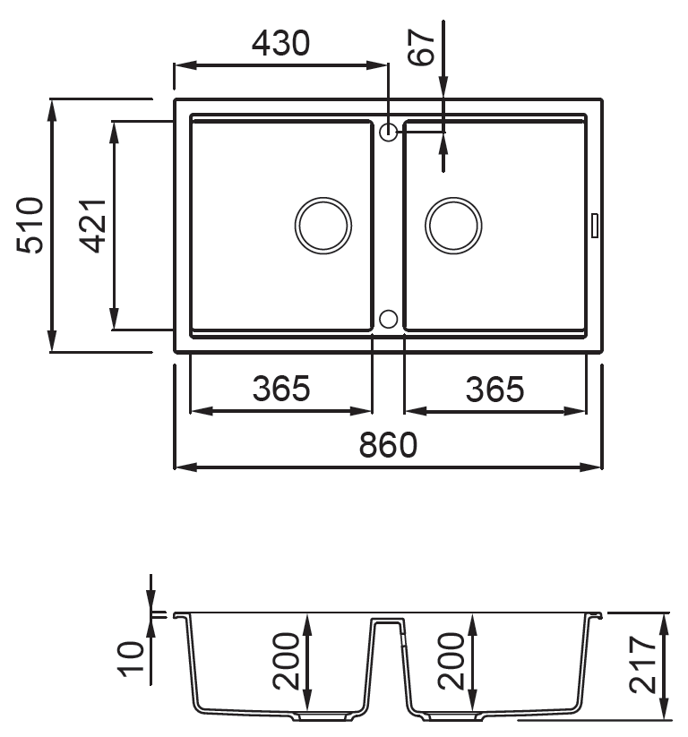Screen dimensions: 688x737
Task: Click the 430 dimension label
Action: (280, 43)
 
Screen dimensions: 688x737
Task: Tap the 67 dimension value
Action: (421, 47)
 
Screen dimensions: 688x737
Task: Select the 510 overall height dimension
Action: (30, 225)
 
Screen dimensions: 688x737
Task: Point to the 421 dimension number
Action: (92, 226)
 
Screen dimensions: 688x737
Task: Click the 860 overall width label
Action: (388, 445)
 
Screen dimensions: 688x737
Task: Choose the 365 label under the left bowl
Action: (281, 389)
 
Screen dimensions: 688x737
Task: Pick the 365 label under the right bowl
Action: (494, 390)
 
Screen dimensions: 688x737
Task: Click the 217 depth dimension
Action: (642, 664)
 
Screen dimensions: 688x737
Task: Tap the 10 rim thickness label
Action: (131, 659)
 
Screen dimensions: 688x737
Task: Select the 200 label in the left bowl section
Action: (286, 661)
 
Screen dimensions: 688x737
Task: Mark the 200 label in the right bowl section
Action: (451, 661)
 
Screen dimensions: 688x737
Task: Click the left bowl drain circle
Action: (323, 198)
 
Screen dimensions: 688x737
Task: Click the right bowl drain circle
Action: (453, 198)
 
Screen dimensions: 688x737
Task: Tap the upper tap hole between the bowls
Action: (388, 124)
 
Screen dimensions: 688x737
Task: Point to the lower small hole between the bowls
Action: (388, 310)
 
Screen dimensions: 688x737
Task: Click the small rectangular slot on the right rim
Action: (595, 226)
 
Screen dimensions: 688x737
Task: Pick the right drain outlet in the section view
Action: (454, 716)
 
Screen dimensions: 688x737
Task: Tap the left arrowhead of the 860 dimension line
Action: (185, 467)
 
